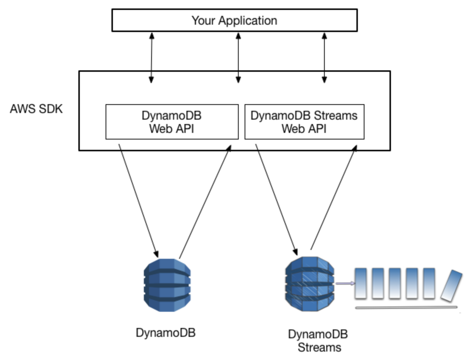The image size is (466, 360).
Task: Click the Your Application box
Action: [234, 20]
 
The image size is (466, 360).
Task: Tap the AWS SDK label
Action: [36, 109]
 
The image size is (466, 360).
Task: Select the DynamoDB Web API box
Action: [172, 122]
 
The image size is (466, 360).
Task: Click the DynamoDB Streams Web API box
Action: [304, 122]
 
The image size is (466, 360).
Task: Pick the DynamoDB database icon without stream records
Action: [167, 285]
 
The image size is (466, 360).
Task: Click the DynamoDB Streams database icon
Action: [310, 284]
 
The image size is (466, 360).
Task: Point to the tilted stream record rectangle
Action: [451, 286]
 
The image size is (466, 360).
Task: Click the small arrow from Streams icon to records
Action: [345, 283]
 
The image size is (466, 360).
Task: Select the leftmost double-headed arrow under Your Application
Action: [151, 57]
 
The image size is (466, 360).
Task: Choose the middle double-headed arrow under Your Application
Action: [238, 57]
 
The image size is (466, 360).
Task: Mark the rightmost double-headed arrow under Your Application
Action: [324, 57]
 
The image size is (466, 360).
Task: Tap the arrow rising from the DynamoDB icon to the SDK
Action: [204, 202]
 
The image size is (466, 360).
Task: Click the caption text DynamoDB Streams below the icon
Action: [318, 340]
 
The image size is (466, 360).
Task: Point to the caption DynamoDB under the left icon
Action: [166, 333]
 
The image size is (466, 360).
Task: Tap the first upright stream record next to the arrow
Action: [360, 283]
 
